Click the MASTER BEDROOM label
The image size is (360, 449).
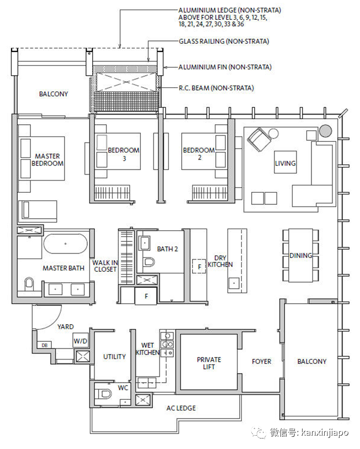point(47,160)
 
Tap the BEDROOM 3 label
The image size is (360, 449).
point(123,154)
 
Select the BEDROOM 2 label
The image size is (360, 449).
point(199,154)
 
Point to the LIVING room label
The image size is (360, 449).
point(285,163)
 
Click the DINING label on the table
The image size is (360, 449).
point(300,256)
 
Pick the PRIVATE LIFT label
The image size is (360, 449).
point(209,363)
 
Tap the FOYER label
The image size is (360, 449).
point(261,362)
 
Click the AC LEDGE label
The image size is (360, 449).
point(181,408)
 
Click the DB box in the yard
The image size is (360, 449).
point(44,345)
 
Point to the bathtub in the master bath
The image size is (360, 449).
point(65,244)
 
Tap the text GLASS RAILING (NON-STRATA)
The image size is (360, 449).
point(224,41)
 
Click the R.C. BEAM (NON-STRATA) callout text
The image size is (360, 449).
point(216,88)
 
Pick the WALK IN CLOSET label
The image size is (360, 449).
point(104,266)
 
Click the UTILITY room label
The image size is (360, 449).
point(114,357)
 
